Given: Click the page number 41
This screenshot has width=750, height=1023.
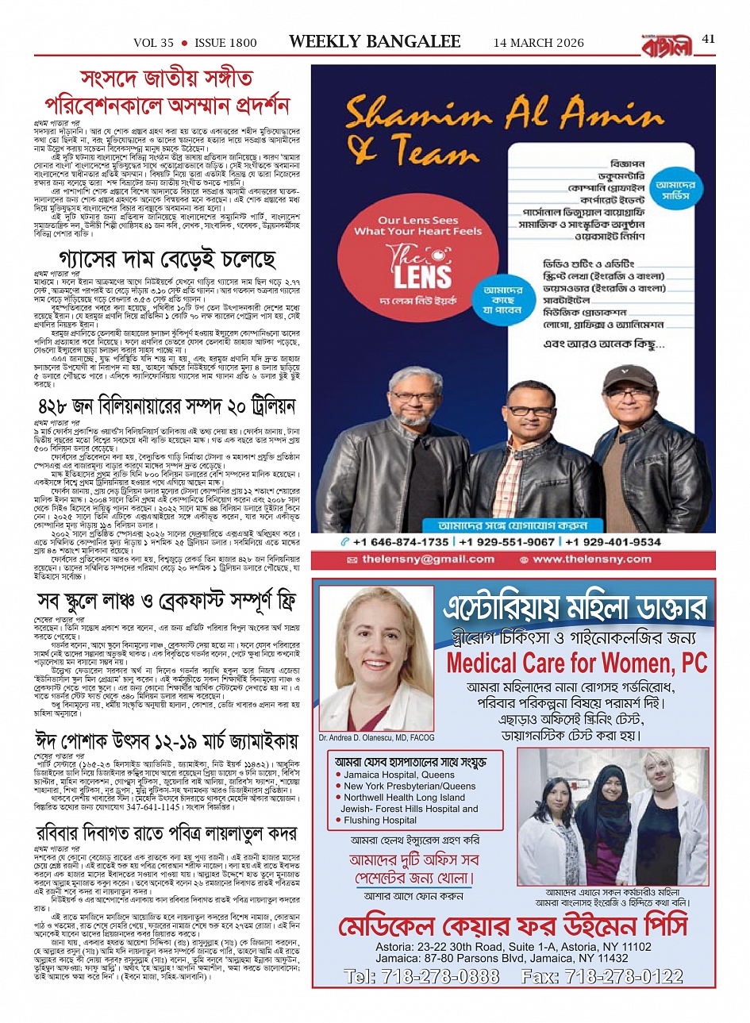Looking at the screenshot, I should pyautogui.click(x=709, y=38).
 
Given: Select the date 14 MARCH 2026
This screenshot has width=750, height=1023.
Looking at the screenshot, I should pyautogui.click(x=538, y=43).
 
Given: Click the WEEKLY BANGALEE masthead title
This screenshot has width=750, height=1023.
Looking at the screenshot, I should pyautogui.click(x=375, y=42).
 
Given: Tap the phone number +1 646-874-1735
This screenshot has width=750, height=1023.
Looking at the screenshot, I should pyautogui.click(x=401, y=541).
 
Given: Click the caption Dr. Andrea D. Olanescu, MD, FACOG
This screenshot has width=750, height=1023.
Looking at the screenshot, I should pyautogui.click(x=376, y=737).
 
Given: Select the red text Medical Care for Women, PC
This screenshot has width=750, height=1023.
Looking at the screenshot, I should pyautogui.click(x=576, y=663).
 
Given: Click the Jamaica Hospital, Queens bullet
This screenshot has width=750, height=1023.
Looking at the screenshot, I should pyautogui.click(x=398, y=775).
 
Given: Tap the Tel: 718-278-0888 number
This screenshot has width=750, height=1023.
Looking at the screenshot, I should pyautogui.click(x=421, y=975).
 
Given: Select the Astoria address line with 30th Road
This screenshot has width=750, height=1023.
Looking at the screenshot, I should pyautogui.click(x=513, y=947).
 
